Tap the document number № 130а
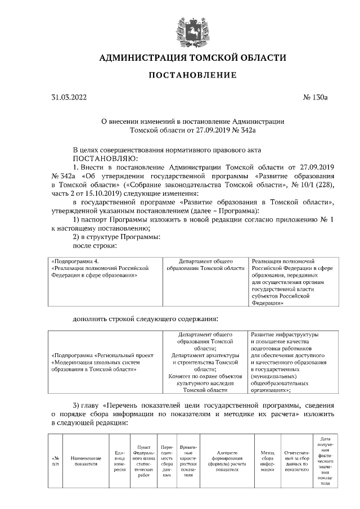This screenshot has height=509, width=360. (315, 97)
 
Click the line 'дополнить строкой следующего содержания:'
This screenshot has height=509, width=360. (145, 319)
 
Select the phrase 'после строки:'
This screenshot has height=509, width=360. (94, 245)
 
